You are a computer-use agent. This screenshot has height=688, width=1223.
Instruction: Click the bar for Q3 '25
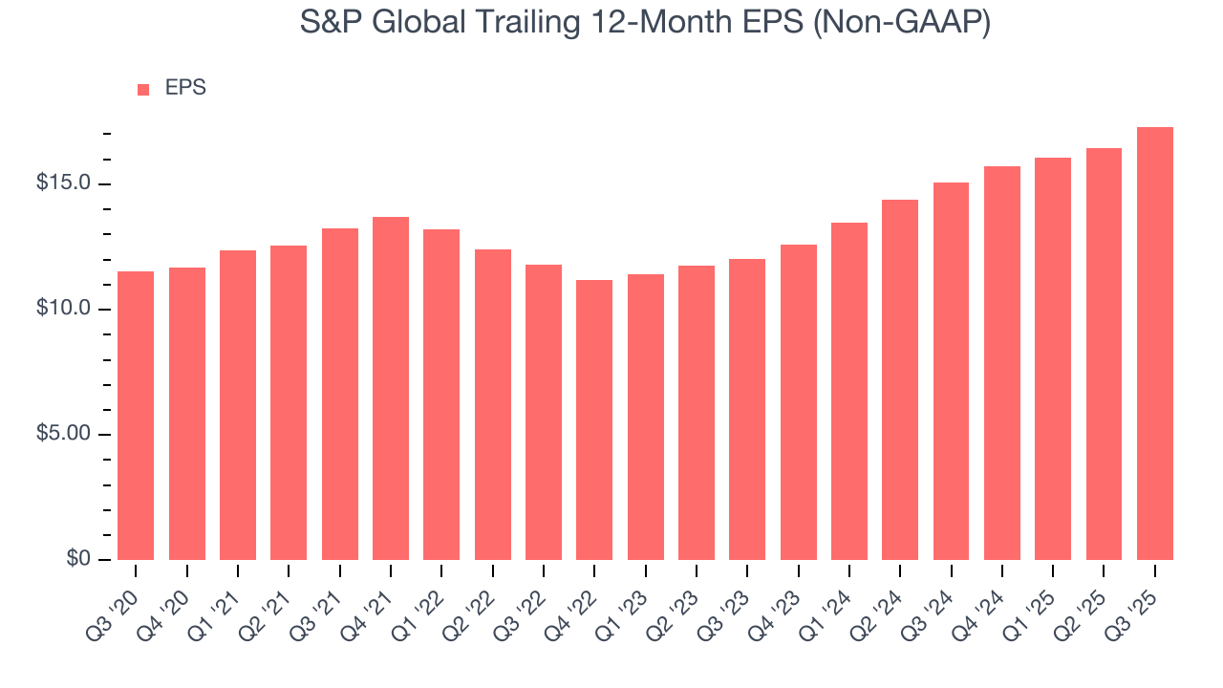[1154, 344]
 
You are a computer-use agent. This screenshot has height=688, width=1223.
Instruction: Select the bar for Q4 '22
[594, 419]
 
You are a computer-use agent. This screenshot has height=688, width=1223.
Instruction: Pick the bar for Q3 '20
[136, 416]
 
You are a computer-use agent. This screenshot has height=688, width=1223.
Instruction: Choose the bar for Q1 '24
[849, 391]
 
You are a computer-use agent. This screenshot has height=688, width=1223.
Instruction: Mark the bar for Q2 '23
[697, 413]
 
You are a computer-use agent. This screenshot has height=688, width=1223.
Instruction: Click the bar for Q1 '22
[441, 395]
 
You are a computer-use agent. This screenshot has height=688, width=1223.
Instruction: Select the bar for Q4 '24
[1002, 363]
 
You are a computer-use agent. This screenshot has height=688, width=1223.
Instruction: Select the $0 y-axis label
[79, 559]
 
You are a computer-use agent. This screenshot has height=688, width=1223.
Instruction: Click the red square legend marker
[143, 89]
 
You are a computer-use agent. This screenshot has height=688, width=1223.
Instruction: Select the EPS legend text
[185, 88]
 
